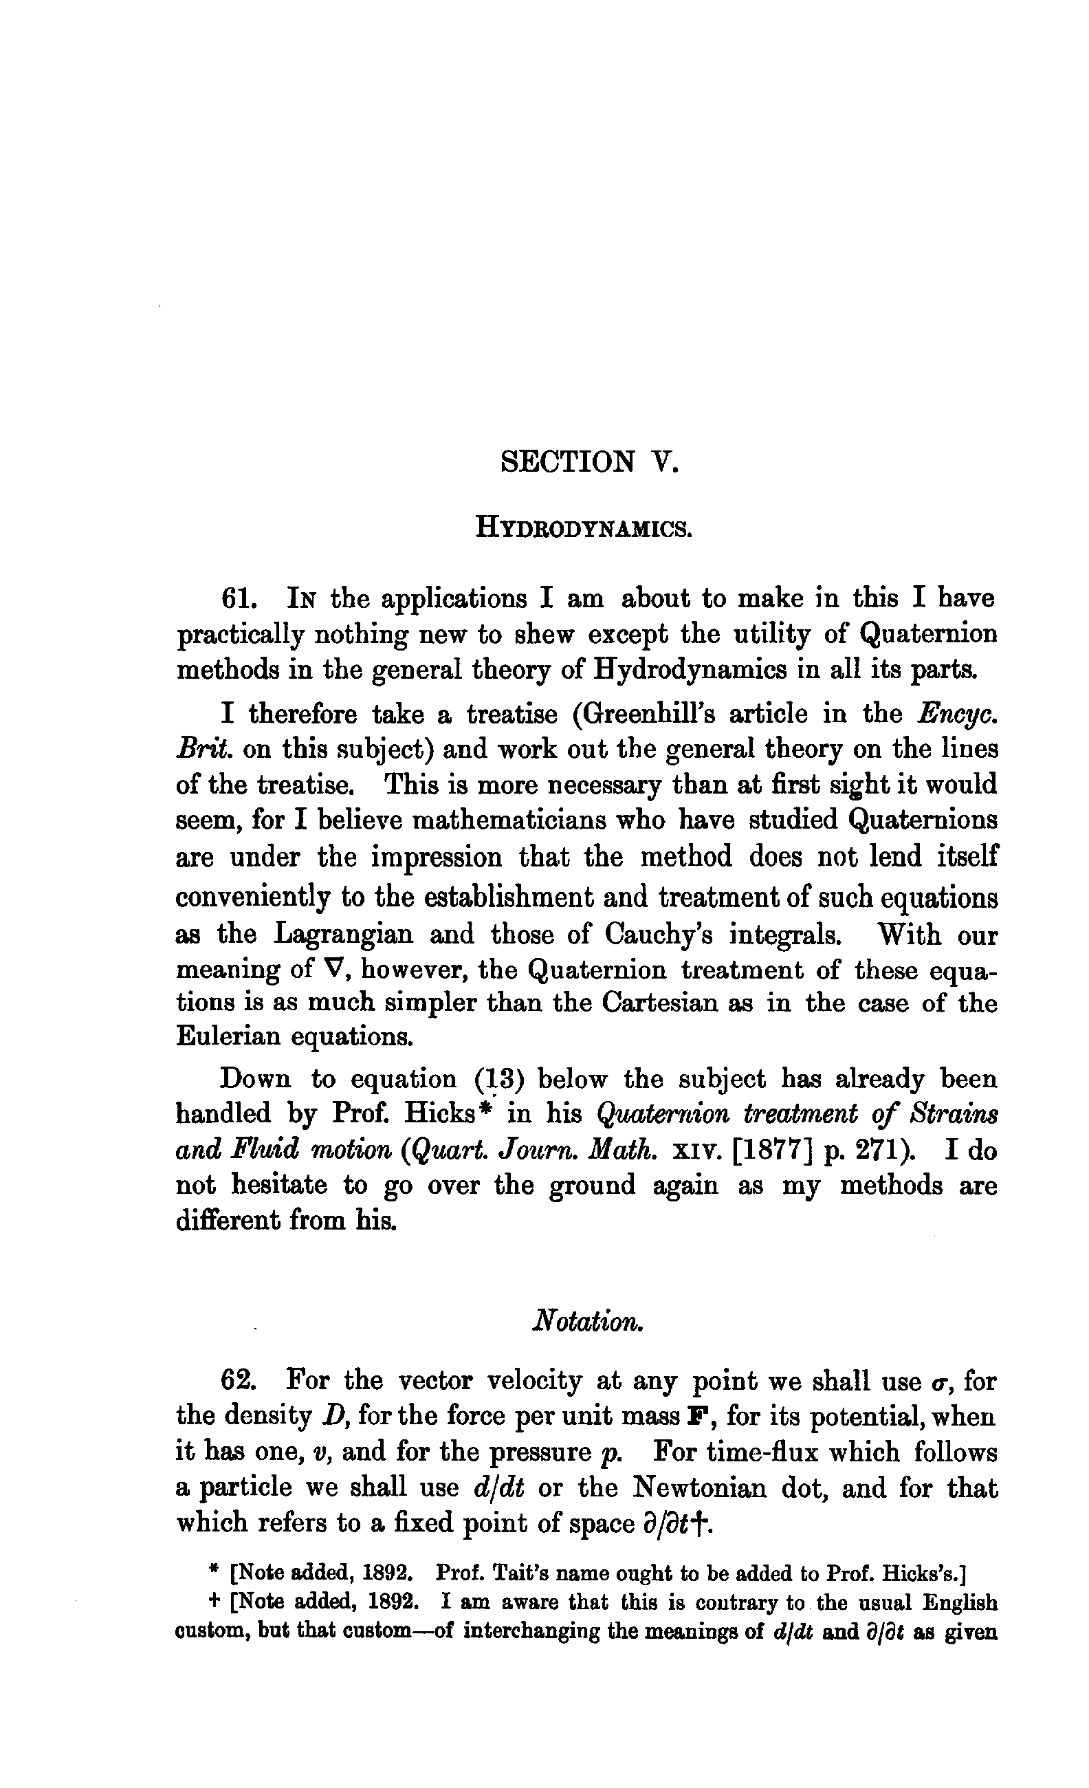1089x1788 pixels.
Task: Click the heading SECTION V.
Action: coord(589,461)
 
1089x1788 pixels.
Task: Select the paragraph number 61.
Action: coord(239,599)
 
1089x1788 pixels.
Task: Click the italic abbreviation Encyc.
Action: coord(957,715)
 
